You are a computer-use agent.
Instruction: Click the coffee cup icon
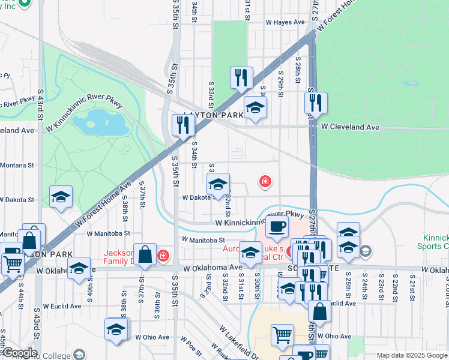tap(276, 227)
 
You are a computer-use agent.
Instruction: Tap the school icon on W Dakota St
tap(218, 184)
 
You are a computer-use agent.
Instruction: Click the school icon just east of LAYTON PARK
tap(255, 108)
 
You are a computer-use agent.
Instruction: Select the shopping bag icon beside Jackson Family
tap(145, 254)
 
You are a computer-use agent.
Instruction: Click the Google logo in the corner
tap(19, 353)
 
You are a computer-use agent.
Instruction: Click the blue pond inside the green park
tap(100, 122)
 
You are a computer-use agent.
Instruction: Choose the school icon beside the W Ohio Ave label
tap(116, 329)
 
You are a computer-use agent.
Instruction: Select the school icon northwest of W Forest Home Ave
tap(61, 197)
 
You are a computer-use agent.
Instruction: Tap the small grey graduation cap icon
tap(366, 251)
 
